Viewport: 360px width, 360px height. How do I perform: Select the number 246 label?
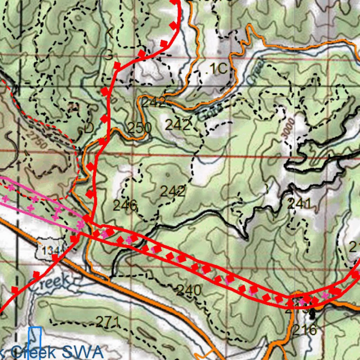click(125, 205)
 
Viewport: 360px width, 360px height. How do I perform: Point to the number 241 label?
click(299, 204)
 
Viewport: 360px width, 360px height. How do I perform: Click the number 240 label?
click(189, 290)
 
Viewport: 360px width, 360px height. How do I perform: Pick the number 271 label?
click(107, 321)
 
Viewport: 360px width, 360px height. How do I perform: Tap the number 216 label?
click(305, 330)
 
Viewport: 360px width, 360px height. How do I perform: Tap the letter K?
click(109, 33)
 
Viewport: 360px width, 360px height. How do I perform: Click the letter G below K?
click(109, 55)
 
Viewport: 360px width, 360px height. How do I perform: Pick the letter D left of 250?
click(89, 128)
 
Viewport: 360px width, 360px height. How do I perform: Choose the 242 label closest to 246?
click(172, 192)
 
